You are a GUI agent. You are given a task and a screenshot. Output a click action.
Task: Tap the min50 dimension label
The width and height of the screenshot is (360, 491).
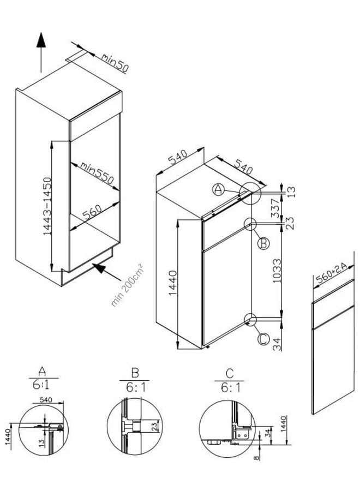(114, 62)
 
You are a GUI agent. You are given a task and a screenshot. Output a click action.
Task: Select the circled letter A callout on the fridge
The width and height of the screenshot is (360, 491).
(219, 189)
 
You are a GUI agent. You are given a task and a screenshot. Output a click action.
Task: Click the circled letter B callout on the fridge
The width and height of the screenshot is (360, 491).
(263, 244)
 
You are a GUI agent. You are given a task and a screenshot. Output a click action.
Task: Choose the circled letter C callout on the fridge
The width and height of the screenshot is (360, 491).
(263, 339)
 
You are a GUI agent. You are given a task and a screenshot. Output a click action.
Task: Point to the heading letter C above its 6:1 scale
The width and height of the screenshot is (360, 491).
(230, 374)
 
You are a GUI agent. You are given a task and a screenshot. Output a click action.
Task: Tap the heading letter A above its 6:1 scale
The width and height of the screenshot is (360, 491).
(43, 374)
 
